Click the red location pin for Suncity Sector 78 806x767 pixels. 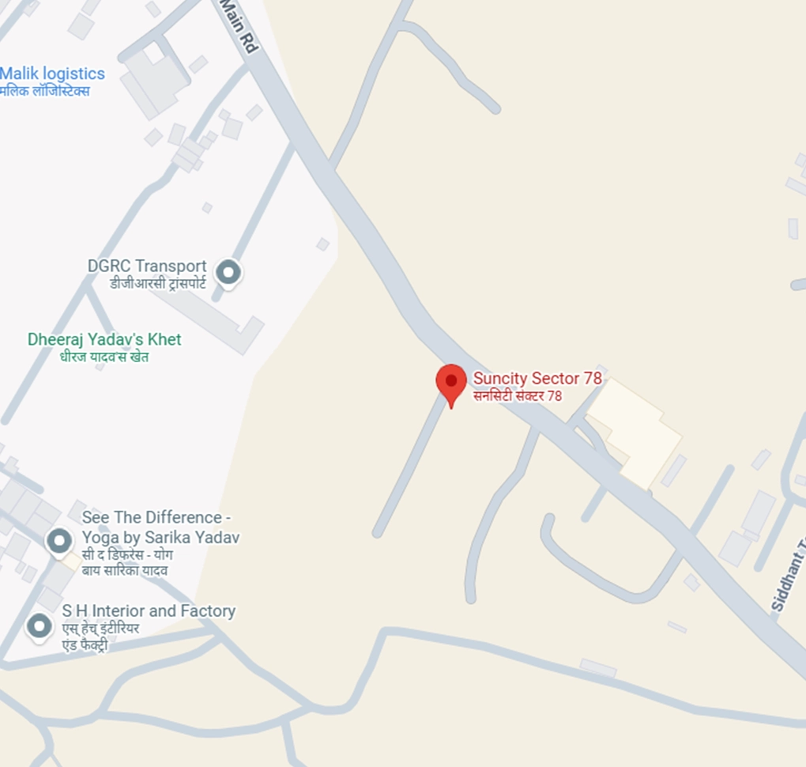[x=451, y=382]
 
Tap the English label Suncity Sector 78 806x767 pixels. [x=537, y=378]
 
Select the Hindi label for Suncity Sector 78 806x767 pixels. [x=518, y=395]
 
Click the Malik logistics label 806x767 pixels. [x=52, y=74]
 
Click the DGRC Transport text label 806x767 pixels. [x=147, y=266]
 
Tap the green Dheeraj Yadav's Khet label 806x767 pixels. [x=104, y=339]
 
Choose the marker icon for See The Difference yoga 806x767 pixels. [x=59, y=542]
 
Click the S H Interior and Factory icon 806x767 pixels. [x=40, y=626]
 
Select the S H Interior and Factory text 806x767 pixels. [x=149, y=611]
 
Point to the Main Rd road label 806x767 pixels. [x=239, y=28]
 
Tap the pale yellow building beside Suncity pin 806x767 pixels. [x=635, y=431]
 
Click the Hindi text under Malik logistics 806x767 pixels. [x=45, y=91]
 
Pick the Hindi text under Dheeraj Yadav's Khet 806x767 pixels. [x=104, y=357]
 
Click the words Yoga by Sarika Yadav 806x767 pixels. [x=160, y=537]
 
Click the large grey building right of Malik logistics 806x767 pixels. [x=154, y=79]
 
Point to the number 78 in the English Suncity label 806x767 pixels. [x=592, y=378]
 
